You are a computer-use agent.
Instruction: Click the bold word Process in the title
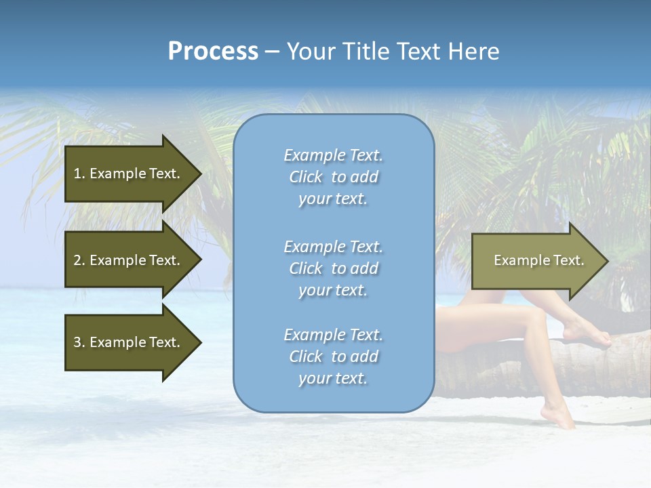click(213, 52)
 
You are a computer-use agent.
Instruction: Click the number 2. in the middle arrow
click(79, 260)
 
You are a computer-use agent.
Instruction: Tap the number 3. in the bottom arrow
click(79, 342)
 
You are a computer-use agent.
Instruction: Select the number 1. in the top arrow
click(79, 174)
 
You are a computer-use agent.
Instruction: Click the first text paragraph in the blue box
click(333, 177)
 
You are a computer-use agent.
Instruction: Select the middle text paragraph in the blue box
click(333, 268)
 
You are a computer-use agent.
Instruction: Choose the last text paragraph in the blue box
click(333, 357)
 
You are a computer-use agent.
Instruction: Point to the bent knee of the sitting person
click(535, 316)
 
